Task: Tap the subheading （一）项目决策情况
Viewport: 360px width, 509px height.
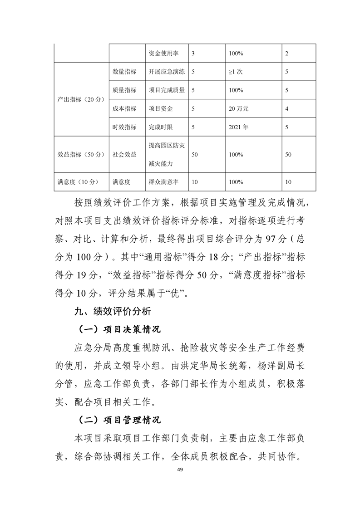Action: (x=117, y=329)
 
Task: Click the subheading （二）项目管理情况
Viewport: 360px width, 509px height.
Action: (x=117, y=420)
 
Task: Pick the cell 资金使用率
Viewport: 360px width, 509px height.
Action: (x=163, y=54)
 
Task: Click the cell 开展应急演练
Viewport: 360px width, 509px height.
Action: (x=167, y=72)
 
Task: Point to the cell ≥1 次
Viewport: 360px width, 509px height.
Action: (x=237, y=72)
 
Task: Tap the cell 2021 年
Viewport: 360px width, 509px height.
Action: (x=238, y=127)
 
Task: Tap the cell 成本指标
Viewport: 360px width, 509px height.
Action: (x=124, y=109)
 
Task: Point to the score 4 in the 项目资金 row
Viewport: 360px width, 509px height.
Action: (x=286, y=109)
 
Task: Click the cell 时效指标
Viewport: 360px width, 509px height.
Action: (x=124, y=127)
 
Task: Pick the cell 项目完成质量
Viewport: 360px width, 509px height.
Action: (x=167, y=90)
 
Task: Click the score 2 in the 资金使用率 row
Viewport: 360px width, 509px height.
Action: (x=286, y=54)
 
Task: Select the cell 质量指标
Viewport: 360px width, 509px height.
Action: (x=124, y=90)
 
